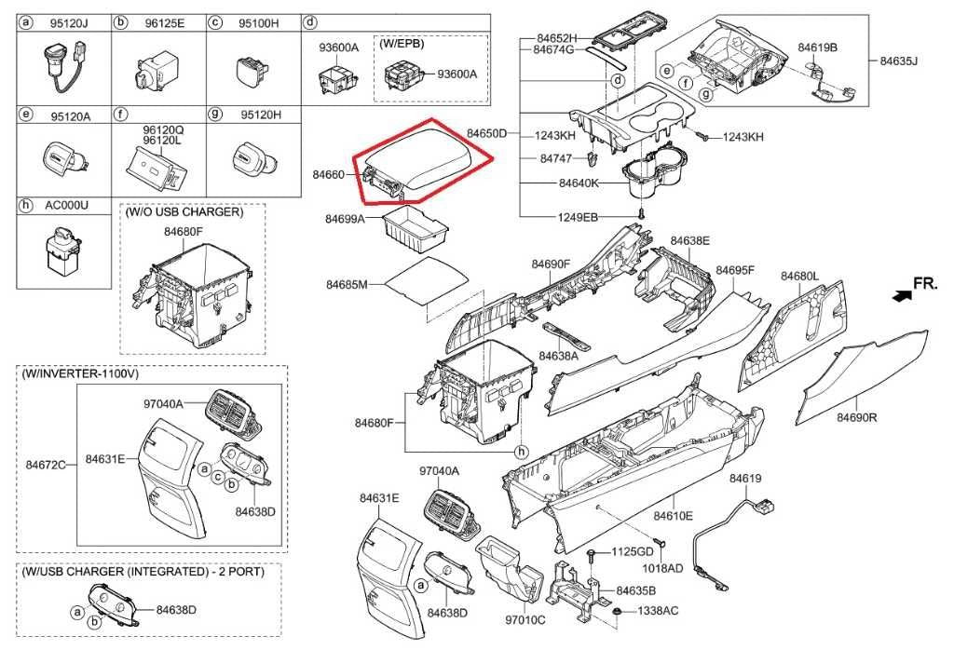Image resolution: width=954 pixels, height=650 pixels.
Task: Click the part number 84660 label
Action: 329,174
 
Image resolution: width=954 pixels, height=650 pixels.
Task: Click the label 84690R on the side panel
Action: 855,417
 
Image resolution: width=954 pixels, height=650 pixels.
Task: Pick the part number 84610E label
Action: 673,515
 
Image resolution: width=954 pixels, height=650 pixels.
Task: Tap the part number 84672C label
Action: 46,464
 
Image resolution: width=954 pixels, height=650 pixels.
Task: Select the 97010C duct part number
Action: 525,619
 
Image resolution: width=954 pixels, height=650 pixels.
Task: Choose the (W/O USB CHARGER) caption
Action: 184,212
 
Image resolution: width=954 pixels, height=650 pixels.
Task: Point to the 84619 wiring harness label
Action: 745,478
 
